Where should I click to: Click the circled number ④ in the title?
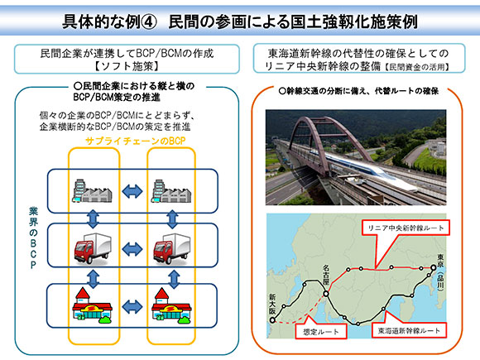click(x=149, y=22)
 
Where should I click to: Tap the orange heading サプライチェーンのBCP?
click(x=136, y=141)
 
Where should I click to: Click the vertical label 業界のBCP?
click(x=33, y=238)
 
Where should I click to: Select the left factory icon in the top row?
click(x=93, y=190)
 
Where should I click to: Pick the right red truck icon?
click(x=172, y=248)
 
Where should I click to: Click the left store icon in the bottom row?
click(x=92, y=305)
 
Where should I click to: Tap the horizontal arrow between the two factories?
click(x=132, y=192)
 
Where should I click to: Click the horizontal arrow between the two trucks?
click(x=132, y=249)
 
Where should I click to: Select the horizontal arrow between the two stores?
click(x=132, y=307)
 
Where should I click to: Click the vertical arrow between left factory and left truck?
click(x=93, y=218)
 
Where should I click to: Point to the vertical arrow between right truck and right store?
click(x=174, y=279)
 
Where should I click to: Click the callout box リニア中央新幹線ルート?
click(x=406, y=228)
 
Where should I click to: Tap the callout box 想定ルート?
click(x=321, y=331)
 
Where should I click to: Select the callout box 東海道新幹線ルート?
click(x=409, y=330)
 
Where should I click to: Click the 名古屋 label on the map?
click(x=326, y=276)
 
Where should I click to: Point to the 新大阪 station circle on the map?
click(x=272, y=320)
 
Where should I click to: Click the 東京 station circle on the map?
click(x=434, y=268)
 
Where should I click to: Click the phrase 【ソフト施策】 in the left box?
click(x=127, y=66)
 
